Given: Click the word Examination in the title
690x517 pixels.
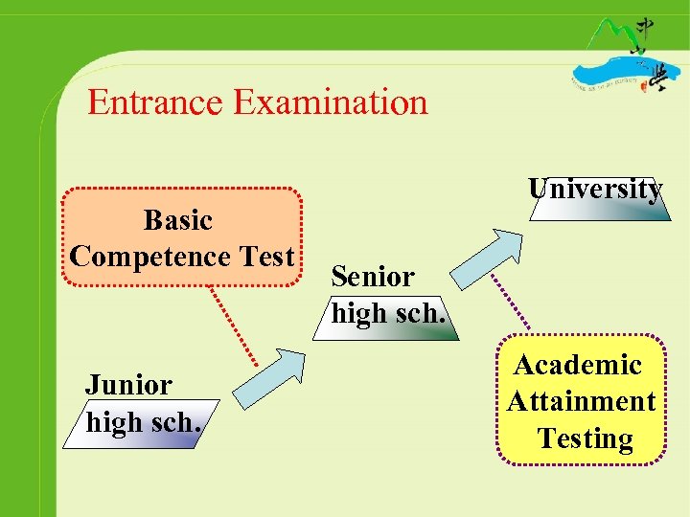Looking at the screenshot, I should tap(330, 101).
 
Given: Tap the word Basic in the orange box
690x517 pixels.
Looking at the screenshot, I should tap(177, 220).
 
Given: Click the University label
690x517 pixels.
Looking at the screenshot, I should tap(595, 190).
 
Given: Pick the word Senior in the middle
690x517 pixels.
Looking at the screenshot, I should tap(373, 277).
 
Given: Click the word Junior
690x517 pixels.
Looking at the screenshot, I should tap(129, 385).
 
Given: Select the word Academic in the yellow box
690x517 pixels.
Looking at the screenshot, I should tap(578, 365).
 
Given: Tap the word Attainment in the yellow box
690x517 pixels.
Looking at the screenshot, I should tap(581, 401).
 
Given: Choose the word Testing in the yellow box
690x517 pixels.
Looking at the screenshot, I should tap(585, 438).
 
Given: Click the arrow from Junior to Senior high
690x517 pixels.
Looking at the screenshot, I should tap(271, 379).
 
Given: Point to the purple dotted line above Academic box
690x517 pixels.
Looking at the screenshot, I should tap(511, 303).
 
